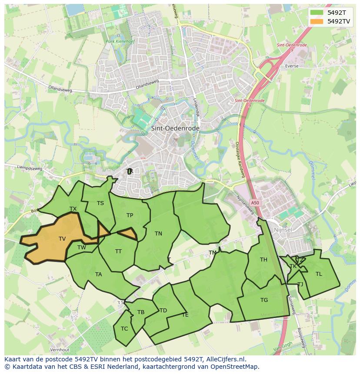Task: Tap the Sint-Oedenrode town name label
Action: click(x=175, y=129)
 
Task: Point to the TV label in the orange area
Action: click(x=62, y=238)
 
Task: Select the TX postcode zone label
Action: click(x=73, y=209)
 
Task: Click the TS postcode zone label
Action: click(x=100, y=203)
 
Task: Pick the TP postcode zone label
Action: click(x=130, y=215)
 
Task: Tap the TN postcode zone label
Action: click(x=158, y=233)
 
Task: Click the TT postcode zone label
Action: click(x=118, y=251)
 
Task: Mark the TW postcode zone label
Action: click(x=81, y=247)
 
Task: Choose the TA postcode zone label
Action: click(x=99, y=274)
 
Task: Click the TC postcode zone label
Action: click(x=124, y=328)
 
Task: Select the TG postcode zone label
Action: click(x=264, y=300)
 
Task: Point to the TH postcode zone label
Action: click(x=263, y=260)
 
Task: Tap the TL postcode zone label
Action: click(x=319, y=274)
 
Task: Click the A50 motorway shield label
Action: click(x=255, y=203)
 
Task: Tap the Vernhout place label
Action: click(x=60, y=350)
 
